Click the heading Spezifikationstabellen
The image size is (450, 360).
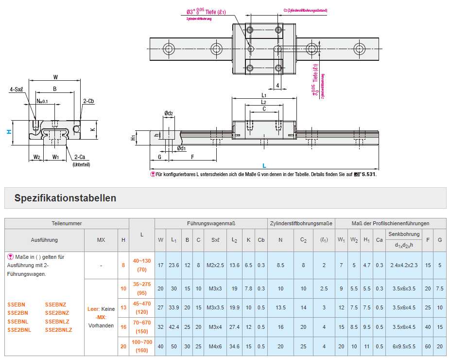coord(65,198)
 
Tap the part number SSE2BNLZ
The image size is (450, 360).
coord(58,330)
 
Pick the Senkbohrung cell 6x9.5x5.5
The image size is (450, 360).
coord(404,346)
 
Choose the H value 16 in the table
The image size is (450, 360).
coord(123,327)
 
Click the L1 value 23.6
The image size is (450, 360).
coord(173,265)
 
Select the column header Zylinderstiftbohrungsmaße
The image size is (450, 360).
coord(301,223)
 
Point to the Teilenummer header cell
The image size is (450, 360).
coord(67,223)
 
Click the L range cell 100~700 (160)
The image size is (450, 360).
coord(142,346)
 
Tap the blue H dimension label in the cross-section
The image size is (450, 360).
coord(8,131)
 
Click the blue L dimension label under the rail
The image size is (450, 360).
coord(264,166)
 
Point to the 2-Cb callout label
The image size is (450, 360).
coord(88,101)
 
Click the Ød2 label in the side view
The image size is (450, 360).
coord(169,113)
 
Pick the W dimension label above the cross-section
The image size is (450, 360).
coord(55,77)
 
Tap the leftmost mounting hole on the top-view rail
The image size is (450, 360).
coord(169,48)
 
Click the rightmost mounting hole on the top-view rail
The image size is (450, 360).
coord(360,48)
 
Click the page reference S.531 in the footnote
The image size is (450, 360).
coord(369,174)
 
